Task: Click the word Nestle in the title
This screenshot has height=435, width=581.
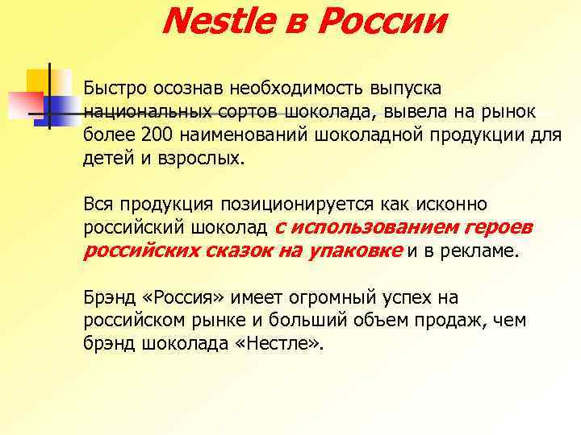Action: click(x=215, y=22)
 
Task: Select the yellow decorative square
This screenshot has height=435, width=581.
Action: click(x=39, y=81)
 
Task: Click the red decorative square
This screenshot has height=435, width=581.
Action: click(x=19, y=104)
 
